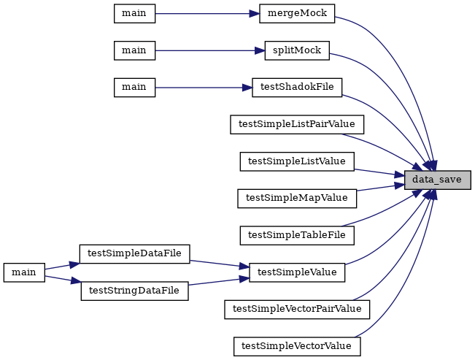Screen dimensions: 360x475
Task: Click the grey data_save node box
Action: click(437, 180)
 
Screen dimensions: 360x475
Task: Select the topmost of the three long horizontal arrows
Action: click(204, 14)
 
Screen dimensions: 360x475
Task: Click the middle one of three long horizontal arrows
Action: click(208, 50)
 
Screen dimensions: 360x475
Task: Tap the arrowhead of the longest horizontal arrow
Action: click(260, 50)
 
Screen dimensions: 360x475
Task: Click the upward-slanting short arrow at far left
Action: click(62, 266)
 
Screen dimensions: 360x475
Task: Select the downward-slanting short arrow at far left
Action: click(62, 278)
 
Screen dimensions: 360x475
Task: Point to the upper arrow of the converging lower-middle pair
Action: click(219, 264)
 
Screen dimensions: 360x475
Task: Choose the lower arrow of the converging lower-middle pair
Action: click(219, 281)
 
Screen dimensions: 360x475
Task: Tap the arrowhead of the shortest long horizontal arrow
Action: click(248, 88)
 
